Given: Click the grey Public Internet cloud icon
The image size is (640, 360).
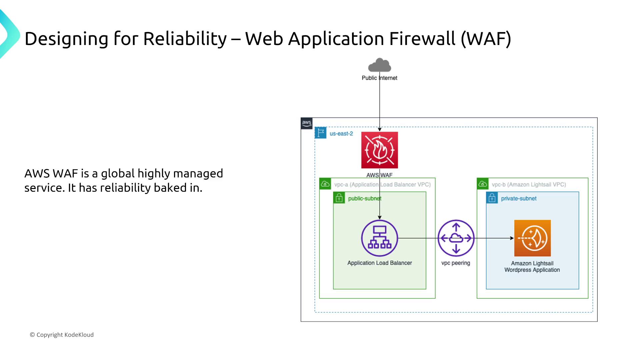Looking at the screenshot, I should [x=379, y=65].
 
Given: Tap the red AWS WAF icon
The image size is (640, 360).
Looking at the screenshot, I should [x=379, y=150].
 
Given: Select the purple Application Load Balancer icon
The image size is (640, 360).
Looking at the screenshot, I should [x=379, y=238].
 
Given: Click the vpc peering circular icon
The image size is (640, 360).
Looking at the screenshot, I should [x=456, y=238].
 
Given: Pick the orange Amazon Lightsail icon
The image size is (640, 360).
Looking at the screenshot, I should [x=532, y=238].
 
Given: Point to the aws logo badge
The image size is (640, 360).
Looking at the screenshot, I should [x=307, y=123].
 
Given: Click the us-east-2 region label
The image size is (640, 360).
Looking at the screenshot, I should [x=341, y=134].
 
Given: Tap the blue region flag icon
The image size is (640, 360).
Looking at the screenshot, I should [x=321, y=133].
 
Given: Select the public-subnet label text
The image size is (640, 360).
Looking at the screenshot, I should [x=364, y=199].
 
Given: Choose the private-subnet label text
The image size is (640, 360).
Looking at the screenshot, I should [x=519, y=199].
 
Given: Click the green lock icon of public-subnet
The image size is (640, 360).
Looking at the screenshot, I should [x=339, y=198].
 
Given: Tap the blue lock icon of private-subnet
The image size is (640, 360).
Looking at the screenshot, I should [x=492, y=198].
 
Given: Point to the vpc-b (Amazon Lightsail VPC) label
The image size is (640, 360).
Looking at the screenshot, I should [x=529, y=185].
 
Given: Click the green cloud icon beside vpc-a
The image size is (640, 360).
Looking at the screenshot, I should [x=325, y=184].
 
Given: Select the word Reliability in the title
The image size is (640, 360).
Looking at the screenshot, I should [x=185, y=39].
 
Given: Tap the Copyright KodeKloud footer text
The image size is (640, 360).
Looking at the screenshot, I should [x=62, y=335].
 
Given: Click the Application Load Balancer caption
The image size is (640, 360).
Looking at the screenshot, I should [x=379, y=263].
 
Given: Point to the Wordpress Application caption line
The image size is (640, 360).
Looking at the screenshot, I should [x=532, y=270].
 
